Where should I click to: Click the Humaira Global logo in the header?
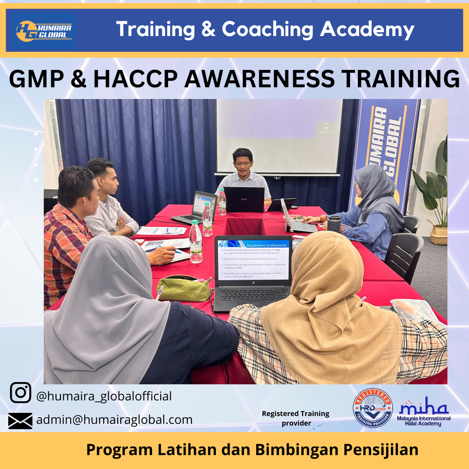coord(44,31)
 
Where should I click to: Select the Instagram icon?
coord(20,393)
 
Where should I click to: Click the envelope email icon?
coord(20,420)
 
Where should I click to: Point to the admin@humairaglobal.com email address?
coord(114,420)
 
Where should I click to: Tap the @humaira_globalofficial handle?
coord(104,396)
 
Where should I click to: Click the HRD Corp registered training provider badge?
coord(373,408)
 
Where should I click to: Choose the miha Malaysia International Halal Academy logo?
coord(424,411)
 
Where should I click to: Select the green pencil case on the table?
coord(183,288)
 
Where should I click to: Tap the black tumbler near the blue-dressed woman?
coord(334,224)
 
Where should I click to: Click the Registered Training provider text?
coord(295,418)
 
